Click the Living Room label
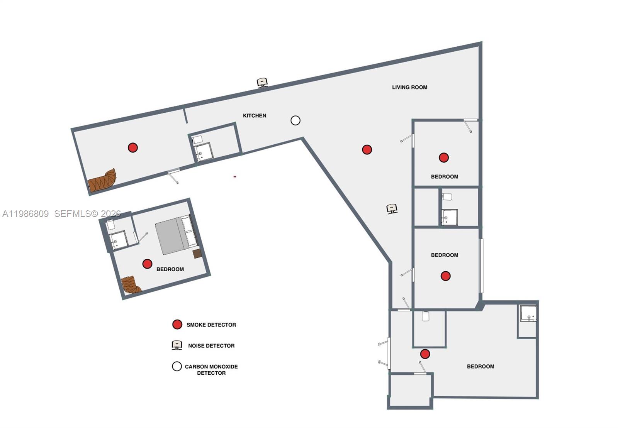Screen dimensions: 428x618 point(409,87)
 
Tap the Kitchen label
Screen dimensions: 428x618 point(255,115)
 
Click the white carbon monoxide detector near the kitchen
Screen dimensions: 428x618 point(295,120)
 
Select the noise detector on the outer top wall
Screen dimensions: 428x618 point(263,82)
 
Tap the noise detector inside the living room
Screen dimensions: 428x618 point(392,209)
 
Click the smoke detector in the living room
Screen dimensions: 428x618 point(367,149)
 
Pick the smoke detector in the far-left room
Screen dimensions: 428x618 point(133,147)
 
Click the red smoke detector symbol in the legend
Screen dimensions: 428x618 point(177,325)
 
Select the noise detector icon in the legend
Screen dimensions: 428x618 point(177,345)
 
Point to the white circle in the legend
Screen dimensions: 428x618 point(177,366)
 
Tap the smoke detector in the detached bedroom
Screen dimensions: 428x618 point(147,264)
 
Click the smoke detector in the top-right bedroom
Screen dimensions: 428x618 point(444,157)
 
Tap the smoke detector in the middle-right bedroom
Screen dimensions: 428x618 point(445,276)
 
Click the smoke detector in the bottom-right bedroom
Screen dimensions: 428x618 point(425,354)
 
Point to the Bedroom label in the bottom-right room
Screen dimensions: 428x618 point(480,366)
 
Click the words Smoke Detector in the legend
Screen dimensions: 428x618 point(211,325)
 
